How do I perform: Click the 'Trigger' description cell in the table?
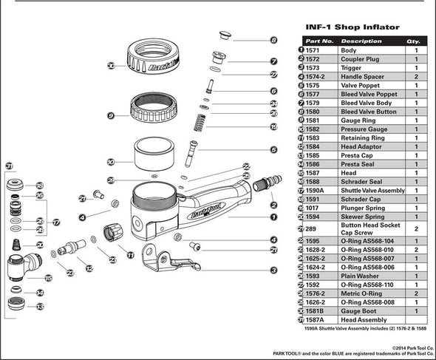point(352,67)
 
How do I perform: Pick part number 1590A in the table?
point(320,190)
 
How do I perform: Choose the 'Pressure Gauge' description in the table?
point(363,129)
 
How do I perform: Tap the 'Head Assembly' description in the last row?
point(362,319)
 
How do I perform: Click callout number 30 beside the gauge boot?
point(111,66)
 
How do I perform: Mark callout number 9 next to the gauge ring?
point(111,116)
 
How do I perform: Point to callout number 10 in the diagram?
point(111,161)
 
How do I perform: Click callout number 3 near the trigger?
point(273,271)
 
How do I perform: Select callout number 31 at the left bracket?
point(10,166)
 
